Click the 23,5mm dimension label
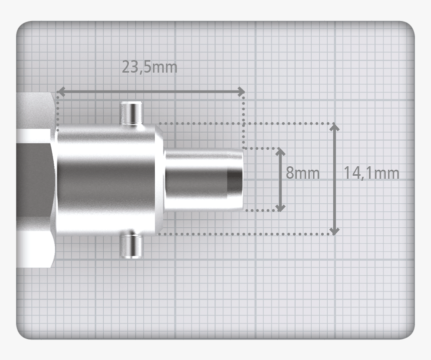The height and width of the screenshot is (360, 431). (149, 67)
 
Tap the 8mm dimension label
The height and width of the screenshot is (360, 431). (302, 173)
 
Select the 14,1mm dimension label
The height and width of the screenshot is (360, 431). (371, 173)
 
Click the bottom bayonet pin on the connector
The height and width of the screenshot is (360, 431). (131, 245)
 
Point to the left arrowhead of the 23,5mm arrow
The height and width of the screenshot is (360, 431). (61, 92)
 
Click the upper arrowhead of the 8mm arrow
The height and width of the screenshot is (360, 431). (280, 152)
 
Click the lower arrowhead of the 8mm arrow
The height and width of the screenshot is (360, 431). (280, 207)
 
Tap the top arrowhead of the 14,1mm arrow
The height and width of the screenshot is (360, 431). (335, 127)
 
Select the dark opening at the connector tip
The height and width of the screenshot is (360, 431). (234, 179)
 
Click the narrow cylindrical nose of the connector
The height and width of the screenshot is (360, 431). (200, 179)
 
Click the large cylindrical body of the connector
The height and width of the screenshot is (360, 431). (108, 179)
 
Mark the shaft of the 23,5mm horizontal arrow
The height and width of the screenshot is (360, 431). (150, 92)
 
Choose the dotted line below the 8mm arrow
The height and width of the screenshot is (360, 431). (261, 211)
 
